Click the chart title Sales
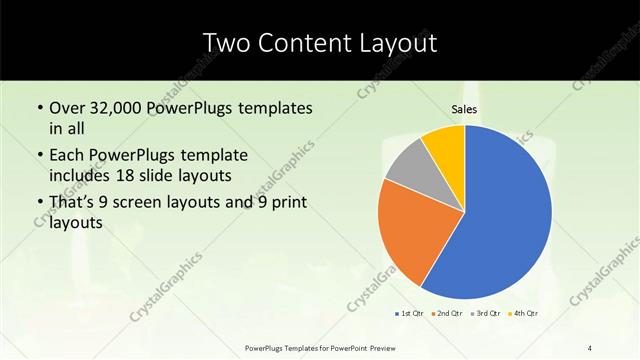coord(465,110)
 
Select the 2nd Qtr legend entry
coord(446,314)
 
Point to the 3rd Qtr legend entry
coord(485,314)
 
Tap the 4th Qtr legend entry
coord(522,314)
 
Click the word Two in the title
coord(226,43)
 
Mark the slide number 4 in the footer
coord(589,347)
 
